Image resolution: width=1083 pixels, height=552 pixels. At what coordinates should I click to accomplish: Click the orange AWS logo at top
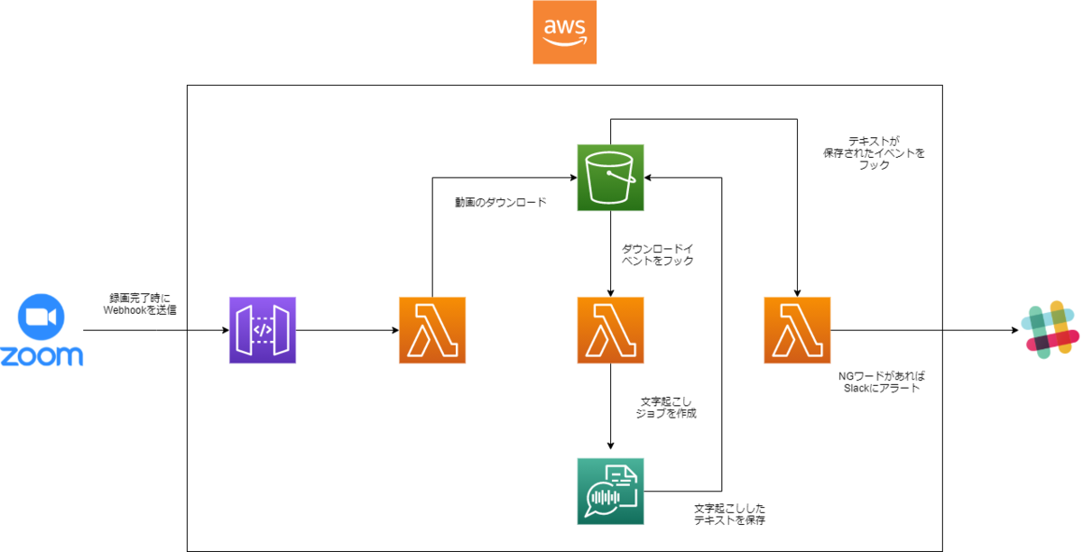(564, 32)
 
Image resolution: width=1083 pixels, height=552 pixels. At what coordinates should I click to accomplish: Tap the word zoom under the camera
(42, 356)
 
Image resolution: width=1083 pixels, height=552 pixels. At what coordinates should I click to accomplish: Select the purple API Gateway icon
(263, 330)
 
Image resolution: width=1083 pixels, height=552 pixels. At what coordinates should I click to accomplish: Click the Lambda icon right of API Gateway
(432, 330)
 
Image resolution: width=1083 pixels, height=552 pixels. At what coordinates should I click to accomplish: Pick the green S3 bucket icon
(610, 178)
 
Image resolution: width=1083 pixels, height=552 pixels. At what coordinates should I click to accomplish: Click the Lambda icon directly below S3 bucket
(610, 330)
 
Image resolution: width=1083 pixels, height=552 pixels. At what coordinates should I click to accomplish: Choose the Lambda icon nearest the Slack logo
(797, 330)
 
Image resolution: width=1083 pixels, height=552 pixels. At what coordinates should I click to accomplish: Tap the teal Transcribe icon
(610, 492)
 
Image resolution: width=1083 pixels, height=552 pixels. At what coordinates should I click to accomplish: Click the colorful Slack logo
(1050, 331)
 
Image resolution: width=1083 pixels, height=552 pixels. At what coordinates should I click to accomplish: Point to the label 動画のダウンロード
(500, 203)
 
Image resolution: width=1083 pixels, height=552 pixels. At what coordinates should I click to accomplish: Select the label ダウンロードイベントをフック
(657, 253)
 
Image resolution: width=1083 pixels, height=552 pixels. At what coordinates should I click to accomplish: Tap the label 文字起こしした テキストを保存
(731, 514)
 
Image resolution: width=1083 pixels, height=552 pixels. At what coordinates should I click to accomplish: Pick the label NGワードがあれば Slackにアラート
(879, 382)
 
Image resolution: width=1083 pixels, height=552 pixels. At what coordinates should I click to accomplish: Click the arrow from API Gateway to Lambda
(347, 331)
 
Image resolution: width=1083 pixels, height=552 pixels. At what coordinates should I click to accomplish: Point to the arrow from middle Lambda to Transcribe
(611, 406)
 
